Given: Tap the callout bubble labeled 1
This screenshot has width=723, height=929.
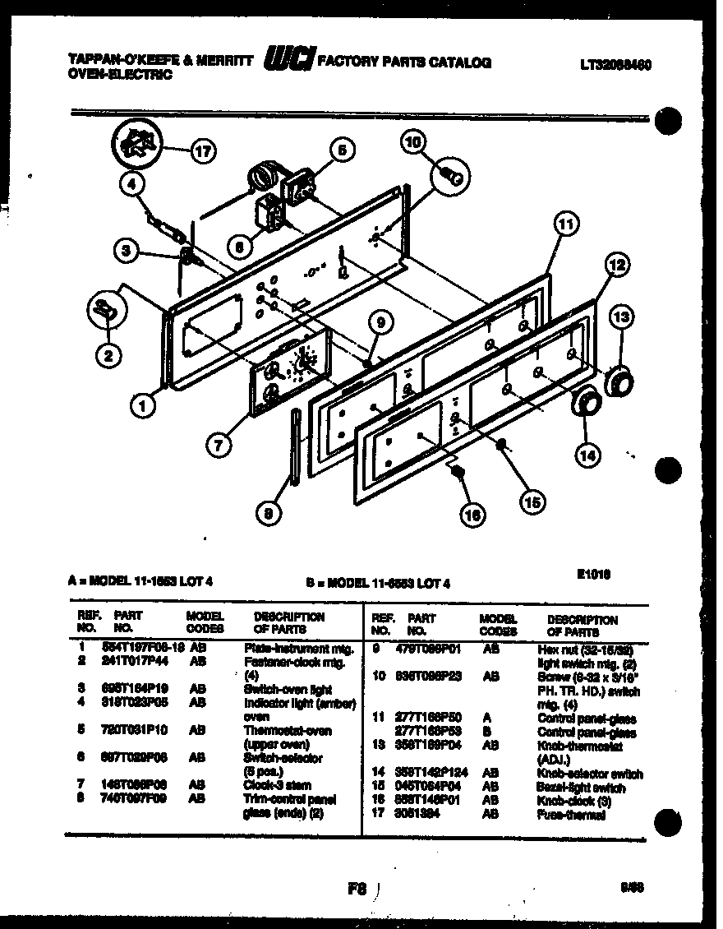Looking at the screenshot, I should click(144, 404).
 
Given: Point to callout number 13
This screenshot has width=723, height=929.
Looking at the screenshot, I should click(620, 316).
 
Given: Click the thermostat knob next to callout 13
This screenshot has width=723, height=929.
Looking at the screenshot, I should click(619, 381).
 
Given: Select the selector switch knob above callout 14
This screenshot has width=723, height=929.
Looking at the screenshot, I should click(584, 403).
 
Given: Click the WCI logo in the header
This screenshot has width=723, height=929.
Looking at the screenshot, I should click(288, 59).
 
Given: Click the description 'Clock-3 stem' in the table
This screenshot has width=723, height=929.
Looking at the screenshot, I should click(277, 785).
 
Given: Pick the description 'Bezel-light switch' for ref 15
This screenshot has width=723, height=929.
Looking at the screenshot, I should click(581, 788).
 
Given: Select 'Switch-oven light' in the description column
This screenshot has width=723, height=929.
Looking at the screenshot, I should click(279, 689).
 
